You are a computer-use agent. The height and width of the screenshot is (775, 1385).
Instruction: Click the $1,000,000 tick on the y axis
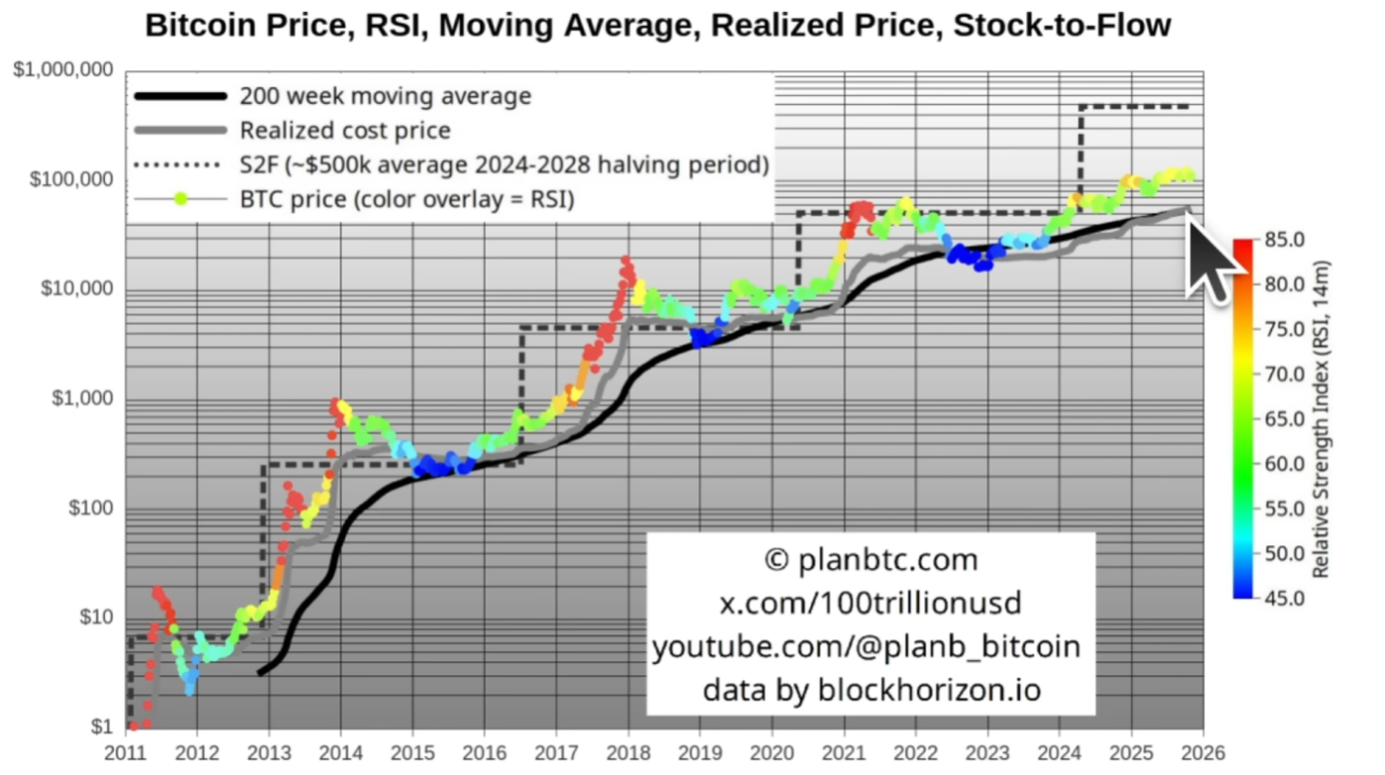point(63,70)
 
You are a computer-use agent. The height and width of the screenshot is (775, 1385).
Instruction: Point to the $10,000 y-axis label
point(76,289)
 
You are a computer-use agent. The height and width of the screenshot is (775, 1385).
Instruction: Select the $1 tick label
point(102,727)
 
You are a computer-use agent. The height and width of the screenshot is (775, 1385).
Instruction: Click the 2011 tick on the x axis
point(127,751)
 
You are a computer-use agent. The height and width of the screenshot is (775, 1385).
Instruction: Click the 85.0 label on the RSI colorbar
point(1283,240)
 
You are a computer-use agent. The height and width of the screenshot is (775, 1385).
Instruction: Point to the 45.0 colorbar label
point(1283,598)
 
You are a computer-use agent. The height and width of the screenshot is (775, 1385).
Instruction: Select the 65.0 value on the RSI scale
point(1283,419)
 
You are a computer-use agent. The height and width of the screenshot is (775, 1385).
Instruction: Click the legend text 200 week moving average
point(385,96)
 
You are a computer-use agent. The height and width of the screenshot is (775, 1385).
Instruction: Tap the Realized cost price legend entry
point(344,130)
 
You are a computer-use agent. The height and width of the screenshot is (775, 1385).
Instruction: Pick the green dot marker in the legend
point(180,199)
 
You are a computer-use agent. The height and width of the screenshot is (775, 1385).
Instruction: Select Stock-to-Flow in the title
point(1062,26)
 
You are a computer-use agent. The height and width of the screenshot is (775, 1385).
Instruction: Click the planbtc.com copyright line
point(871,560)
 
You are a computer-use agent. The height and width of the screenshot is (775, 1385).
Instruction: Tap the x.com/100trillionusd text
point(871,603)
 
